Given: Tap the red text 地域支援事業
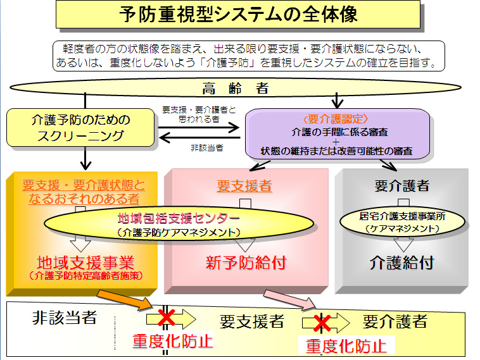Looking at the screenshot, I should coord(86,262).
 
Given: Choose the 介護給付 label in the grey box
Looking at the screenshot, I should coord(401,261).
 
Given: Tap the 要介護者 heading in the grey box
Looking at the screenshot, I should coord(401,185).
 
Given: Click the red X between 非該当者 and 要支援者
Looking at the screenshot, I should coord(167,318).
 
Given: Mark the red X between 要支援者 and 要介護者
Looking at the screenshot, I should coord(322,323).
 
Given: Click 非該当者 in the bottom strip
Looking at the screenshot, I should coord(64,318).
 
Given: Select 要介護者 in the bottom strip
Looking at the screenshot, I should coord(395,322).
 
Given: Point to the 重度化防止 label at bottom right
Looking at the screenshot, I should coord(346,345).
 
